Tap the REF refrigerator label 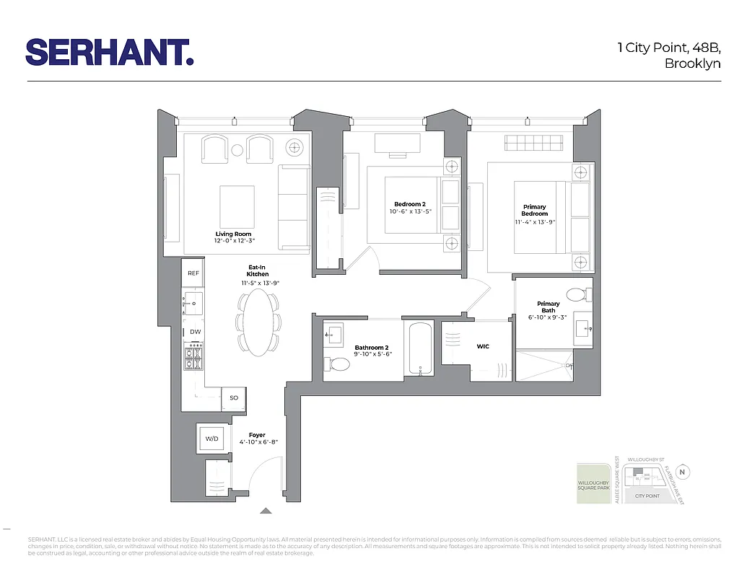pyautogui.click(x=193, y=273)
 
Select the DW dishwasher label pyautogui.click(x=195, y=332)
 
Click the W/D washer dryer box pyautogui.click(x=212, y=438)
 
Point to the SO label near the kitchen pyautogui.click(x=233, y=397)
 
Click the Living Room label pyautogui.click(x=233, y=234)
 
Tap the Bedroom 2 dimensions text pyautogui.click(x=409, y=212)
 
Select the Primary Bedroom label pyautogui.click(x=535, y=210)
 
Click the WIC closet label pyautogui.click(x=483, y=347)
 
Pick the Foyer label pyautogui.click(x=257, y=435)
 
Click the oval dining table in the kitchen pyautogui.click(x=258, y=322)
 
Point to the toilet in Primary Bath pyautogui.click(x=577, y=294)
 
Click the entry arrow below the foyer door pyautogui.click(x=266, y=511)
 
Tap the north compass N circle pyautogui.click(x=683, y=473)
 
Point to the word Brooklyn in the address pyautogui.click(x=693, y=63)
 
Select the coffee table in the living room pyautogui.click(x=237, y=206)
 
